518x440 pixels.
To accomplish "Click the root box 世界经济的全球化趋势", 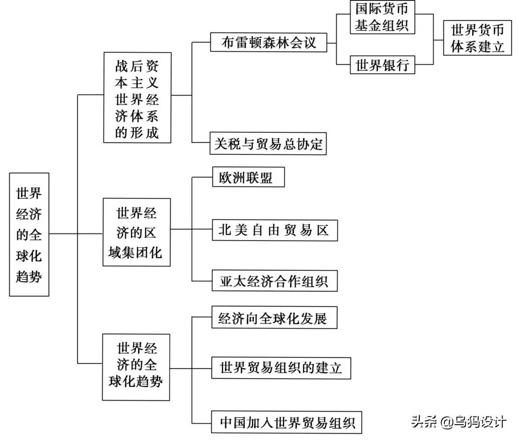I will [x=29, y=234].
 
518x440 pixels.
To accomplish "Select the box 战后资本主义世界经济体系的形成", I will [x=137, y=97].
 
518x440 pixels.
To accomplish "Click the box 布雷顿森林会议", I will [x=269, y=42].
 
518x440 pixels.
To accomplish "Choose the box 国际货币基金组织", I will [x=382, y=17].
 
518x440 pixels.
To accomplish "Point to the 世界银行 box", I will [x=382, y=65].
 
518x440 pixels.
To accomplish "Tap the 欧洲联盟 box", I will [x=249, y=178].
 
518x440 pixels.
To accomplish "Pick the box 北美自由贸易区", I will [x=274, y=230].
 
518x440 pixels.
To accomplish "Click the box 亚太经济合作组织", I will [x=274, y=281].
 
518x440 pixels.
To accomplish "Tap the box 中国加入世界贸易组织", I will [x=287, y=423].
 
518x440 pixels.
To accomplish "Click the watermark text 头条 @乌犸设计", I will [x=459, y=422].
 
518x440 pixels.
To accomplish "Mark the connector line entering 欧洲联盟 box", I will [x=202, y=178].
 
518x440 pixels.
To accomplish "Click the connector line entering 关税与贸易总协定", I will [x=201, y=142].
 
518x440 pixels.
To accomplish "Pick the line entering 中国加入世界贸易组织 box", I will [x=201, y=423].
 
